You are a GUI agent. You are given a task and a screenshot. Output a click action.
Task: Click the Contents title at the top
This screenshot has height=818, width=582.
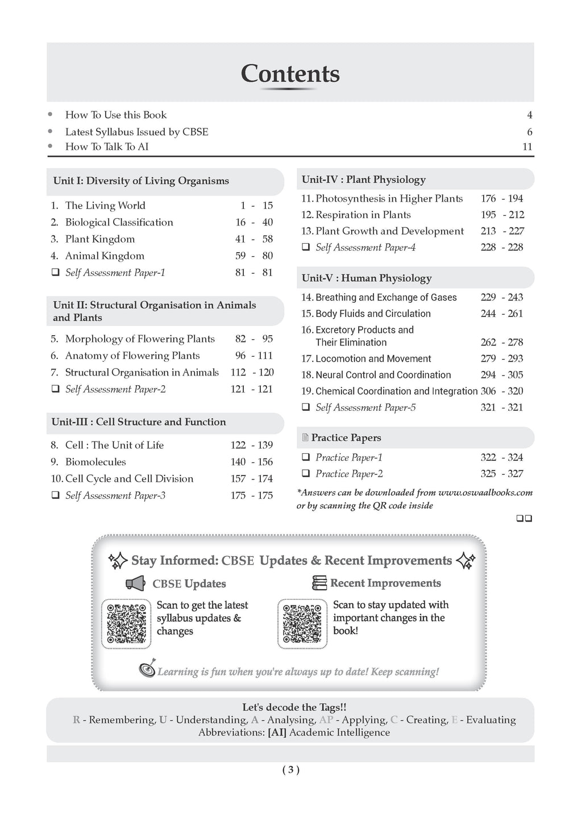[x=290, y=74]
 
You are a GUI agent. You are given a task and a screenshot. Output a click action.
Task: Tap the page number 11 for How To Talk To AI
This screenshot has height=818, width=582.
[x=527, y=147]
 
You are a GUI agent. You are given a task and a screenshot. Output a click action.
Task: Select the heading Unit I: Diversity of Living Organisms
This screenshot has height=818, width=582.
[x=141, y=181]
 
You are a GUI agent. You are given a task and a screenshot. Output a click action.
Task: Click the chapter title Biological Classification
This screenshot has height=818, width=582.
[x=119, y=222]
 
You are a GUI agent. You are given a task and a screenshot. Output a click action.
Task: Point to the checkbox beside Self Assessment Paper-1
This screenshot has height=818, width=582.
[x=56, y=273]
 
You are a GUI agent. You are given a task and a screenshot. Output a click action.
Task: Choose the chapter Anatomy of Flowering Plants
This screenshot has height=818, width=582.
[x=132, y=356]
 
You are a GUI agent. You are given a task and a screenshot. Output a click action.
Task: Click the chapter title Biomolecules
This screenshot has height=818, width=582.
[x=95, y=462]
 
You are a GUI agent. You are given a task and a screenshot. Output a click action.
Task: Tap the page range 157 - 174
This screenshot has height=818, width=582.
[x=251, y=479]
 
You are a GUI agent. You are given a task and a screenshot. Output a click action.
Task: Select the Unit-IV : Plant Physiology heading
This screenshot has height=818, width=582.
[x=363, y=180]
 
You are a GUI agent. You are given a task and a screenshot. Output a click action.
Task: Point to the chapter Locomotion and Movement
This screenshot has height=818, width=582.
[x=373, y=358]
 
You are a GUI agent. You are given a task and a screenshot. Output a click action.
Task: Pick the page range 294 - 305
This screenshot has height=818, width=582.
[x=501, y=375]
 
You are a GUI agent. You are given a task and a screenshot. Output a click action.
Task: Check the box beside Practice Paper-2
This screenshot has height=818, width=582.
[x=306, y=474]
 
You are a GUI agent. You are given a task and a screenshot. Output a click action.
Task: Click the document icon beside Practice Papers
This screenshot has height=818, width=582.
[x=305, y=438]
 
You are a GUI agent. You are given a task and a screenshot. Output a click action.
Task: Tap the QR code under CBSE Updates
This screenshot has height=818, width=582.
[x=126, y=623]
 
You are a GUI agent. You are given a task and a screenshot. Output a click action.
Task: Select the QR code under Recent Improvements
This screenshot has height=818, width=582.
[x=302, y=623]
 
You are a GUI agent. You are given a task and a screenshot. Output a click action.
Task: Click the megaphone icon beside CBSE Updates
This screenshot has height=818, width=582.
[x=135, y=583]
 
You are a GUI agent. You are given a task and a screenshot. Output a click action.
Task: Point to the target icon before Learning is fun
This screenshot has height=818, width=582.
[x=147, y=670]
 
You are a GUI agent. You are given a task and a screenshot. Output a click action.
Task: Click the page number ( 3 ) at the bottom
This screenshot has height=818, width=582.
[x=290, y=770]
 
